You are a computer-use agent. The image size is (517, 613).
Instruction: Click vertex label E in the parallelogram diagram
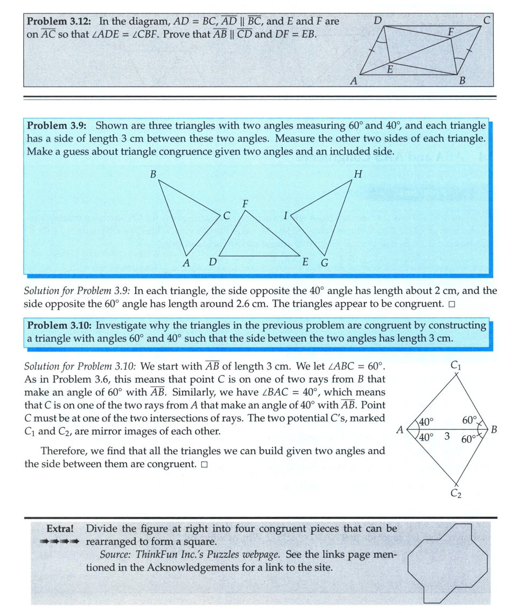pyautogui.click(x=390, y=69)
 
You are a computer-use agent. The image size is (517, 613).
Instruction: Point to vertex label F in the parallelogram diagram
pyautogui.click(x=452, y=32)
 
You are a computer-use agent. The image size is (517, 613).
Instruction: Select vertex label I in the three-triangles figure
pyautogui.click(x=285, y=216)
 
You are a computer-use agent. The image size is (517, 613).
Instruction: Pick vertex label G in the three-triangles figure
pyautogui.click(x=324, y=263)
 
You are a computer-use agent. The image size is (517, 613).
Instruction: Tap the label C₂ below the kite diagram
pyautogui.click(x=456, y=493)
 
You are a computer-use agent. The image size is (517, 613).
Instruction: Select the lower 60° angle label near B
pyautogui.click(x=469, y=438)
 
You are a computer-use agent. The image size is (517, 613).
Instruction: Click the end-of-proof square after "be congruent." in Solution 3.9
pyautogui.click(x=451, y=304)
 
